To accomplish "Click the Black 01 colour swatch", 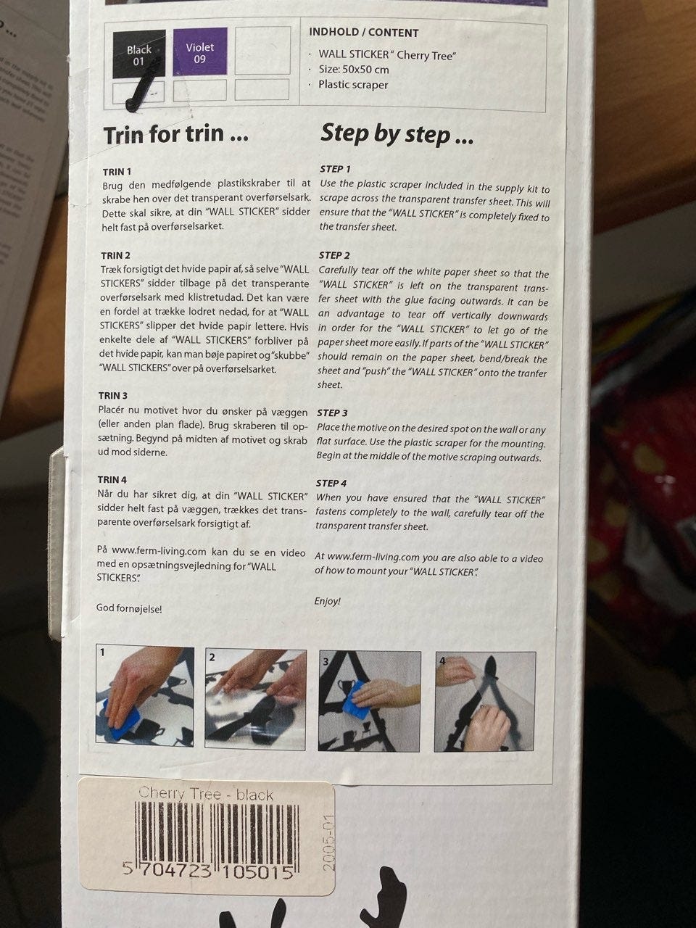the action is coord(139,54).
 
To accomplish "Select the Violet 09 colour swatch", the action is coord(200,51).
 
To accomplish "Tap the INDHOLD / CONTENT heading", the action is coord(363,33).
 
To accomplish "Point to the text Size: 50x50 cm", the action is coord(354,70).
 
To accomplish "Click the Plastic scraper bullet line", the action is coord(353,85).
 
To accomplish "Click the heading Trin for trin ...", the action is coord(175,134).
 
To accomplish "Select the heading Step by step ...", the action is coord(397,133).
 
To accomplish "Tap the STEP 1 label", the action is coord(336,169).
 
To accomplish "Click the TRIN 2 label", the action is coord(116,255).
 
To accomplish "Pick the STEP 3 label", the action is coord(332,413).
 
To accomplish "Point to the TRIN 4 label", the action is coord(112,479).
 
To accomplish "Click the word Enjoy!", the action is coord(328,601).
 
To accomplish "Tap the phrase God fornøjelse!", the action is coord(129,609).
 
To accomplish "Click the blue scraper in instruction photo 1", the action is coord(122,718).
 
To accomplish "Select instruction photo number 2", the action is coord(255,700).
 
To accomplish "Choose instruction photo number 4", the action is coord(485,702).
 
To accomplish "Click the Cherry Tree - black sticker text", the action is coord(206,793).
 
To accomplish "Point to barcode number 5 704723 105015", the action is coord(208,871).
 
